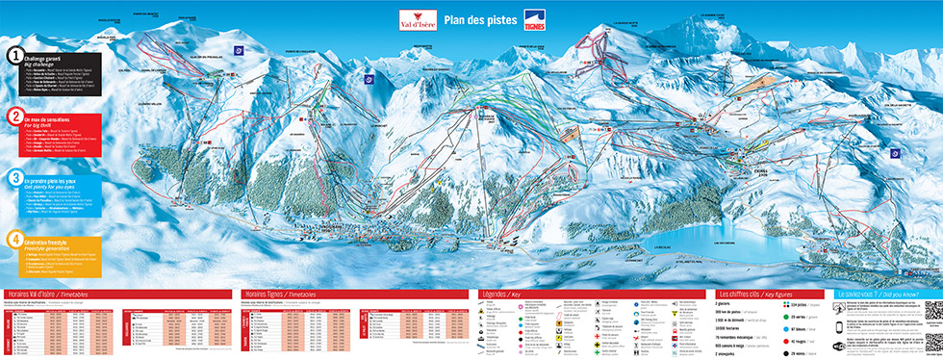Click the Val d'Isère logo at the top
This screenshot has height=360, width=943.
coord(420,20)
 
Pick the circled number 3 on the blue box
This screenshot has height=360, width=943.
coord(15,177)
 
